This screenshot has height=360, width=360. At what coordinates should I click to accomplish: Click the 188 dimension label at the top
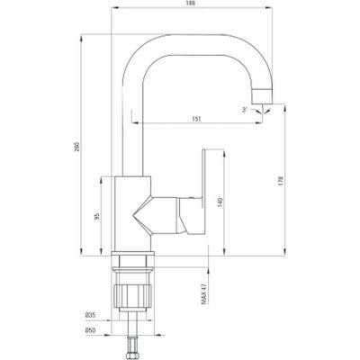pyautogui.click(x=191, y=4)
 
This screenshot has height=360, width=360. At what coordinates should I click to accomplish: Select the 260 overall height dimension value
pyautogui.click(x=76, y=146)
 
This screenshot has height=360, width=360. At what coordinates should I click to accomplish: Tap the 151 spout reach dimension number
pyautogui.click(x=196, y=119)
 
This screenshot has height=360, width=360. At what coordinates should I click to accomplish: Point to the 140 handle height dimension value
pyautogui.click(x=220, y=202)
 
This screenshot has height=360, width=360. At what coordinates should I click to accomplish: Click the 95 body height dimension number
pyautogui.click(x=96, y=216)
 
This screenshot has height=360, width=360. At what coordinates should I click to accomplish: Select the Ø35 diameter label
pyautogui.click(x=90, y=315)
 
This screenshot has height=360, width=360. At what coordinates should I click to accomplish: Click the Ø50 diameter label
pyautogui.click(x=90, y=330)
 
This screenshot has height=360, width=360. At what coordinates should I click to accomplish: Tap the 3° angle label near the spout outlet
pyautogui.click(x=245, y=110)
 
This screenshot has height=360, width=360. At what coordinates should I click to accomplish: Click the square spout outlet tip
pyautogui.click(x=262, y=96)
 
